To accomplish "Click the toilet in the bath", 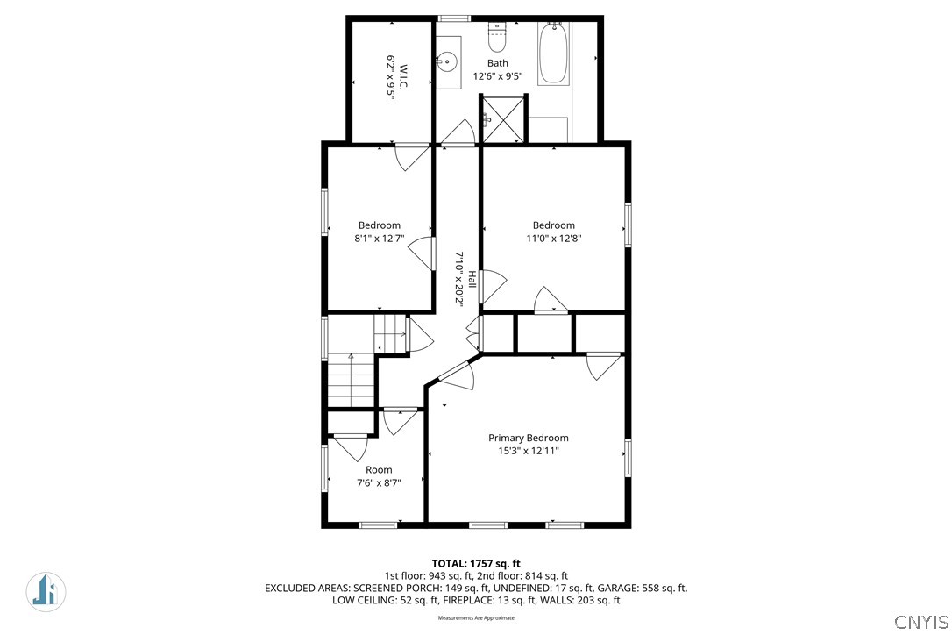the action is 497,39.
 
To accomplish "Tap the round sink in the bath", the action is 447,61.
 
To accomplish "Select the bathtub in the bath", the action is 553,54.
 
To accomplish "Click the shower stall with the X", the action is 502,118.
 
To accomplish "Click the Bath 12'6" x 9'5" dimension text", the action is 498,76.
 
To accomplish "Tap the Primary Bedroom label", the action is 529,438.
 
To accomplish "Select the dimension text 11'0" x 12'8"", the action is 554,239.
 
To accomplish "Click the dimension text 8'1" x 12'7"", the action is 380,239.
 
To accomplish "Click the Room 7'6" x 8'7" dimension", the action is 379,483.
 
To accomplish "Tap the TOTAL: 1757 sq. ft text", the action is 476,563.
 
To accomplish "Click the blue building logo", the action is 46,591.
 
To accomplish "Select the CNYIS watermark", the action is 921,622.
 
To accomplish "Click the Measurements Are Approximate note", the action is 476,618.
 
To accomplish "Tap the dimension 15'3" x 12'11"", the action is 529,451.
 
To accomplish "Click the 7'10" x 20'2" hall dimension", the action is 459,280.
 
